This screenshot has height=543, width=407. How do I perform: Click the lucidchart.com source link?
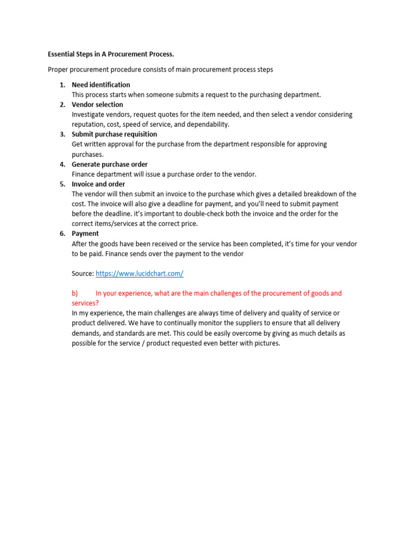pyautogui.click(x=139, y=274)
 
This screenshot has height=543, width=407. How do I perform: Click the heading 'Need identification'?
pyautogui.click(x=101, y=85)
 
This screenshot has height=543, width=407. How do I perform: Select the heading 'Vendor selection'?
pyautogui.click(x=98, y=104)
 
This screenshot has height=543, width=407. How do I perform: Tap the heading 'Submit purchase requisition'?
pyautogui.click(x=114, y=134)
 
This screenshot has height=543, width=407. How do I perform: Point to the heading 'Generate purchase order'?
pyautogui.click(x=110, y=164)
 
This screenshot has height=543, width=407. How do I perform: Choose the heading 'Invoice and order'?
pyautogui.click(x=99, y=184)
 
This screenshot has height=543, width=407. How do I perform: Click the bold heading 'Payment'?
pyautogui.click(x=85, y=234)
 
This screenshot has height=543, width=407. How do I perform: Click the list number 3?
pyautogui.click(x=62, y=134)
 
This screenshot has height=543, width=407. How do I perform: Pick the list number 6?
pyautogui.click(x=62, y=234)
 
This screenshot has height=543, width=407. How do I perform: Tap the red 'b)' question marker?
pyautogui.click(x=75, y=293)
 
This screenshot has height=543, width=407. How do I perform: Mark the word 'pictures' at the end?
pyautogui.click(x=266, y=343)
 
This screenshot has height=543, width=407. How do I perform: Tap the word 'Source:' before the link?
pyautogui.click(x=83, y=274)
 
